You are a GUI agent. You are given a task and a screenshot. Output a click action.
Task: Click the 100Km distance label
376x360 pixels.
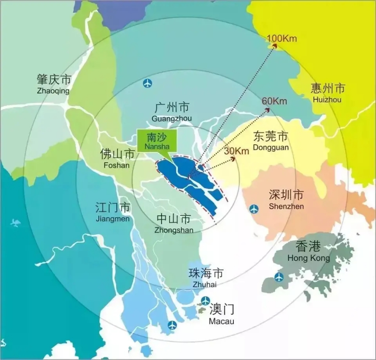281,39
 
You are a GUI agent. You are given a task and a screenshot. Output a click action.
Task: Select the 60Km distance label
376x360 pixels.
274,101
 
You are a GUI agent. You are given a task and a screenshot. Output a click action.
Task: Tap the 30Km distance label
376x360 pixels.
237,151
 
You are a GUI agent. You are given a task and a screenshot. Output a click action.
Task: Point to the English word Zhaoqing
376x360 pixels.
53,91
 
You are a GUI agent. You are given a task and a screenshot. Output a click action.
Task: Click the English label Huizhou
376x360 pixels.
326,100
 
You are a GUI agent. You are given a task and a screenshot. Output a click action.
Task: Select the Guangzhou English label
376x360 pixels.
172,119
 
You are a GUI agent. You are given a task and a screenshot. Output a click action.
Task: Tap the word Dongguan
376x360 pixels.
271,147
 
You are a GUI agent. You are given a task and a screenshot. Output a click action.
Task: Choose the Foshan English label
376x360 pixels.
117,166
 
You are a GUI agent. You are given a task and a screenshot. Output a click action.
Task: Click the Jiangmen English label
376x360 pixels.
112,219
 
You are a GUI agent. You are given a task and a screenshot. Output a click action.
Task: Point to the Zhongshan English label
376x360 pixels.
174,230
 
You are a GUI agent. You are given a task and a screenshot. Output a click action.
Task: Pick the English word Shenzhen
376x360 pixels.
286,206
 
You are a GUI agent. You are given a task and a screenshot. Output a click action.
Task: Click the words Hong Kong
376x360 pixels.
308,258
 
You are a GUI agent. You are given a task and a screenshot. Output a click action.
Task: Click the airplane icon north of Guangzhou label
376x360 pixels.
147,84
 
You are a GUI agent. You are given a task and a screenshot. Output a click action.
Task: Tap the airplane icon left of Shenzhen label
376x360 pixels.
254,209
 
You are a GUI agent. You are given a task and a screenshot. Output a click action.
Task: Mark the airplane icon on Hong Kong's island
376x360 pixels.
279,277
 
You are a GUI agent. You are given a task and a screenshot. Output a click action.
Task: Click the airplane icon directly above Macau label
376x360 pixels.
205,300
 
